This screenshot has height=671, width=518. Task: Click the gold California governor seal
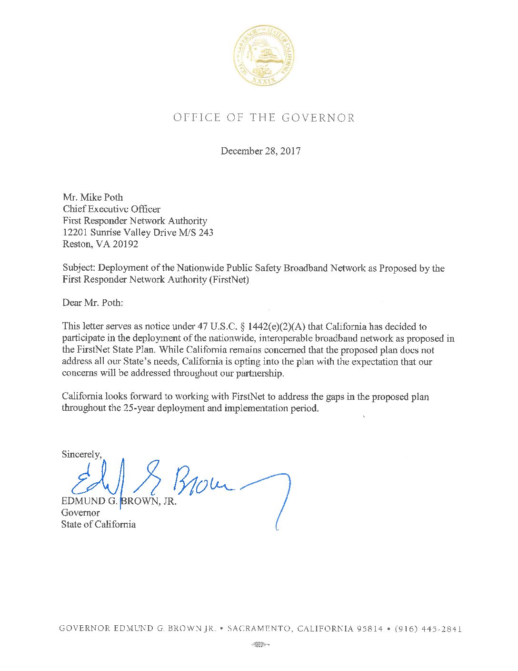(263, 56)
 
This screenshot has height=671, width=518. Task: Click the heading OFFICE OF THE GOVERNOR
(264, 118)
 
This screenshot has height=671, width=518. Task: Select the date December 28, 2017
(260, 151)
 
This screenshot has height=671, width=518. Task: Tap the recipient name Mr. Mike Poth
(93, 197)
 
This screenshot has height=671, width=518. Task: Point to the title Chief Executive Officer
(111, 209)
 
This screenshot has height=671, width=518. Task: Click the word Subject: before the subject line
(79, 268)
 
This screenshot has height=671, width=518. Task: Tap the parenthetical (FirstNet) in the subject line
(229, 280)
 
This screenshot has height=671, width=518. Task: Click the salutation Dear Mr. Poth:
(92, 303)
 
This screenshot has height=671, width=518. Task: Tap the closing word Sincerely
(81, 454)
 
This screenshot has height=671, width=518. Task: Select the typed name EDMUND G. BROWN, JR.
(119, 501)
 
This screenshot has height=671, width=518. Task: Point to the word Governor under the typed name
(80, 513)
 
